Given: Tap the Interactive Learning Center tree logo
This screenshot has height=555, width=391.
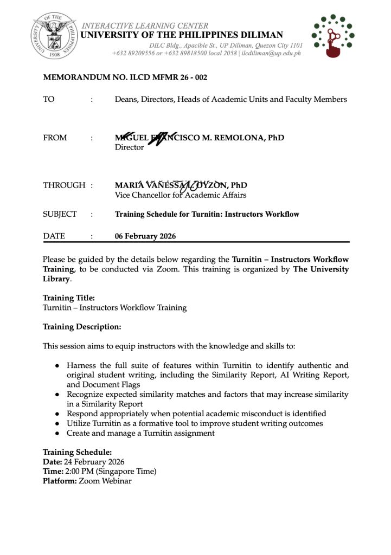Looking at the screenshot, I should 332,37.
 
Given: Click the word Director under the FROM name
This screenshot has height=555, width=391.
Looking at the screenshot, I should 130,147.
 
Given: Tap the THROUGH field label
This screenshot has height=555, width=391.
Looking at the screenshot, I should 64,186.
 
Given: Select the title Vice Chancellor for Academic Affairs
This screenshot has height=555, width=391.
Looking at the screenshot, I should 181,195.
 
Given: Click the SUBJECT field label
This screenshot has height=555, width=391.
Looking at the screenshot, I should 60,214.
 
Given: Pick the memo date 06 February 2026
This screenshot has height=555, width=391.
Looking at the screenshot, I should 145,236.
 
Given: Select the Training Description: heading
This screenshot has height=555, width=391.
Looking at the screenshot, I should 82,327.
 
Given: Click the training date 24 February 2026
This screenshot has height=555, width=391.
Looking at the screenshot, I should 94,462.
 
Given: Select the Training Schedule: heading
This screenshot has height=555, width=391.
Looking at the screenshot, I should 78,452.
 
